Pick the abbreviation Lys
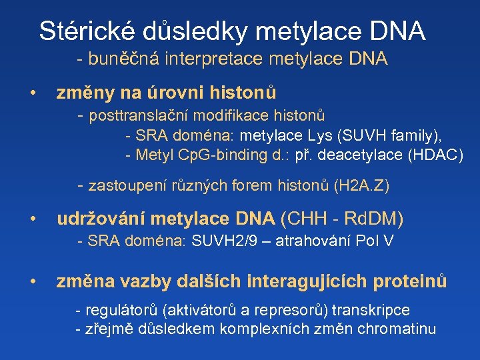321,136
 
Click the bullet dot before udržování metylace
31,219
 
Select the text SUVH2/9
219,241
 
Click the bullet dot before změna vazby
31,282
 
